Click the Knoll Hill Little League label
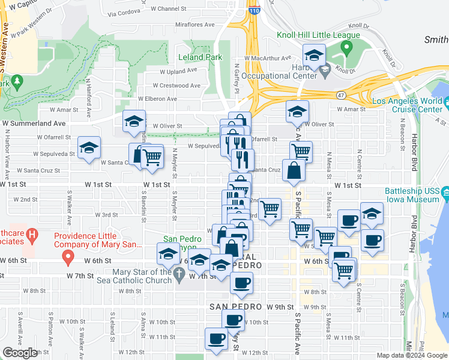click(x=318, y=35)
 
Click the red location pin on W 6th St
click(x=68, y=258)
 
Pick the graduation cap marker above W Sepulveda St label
click(x=89, y=148)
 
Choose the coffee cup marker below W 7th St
click(x=241, y=283)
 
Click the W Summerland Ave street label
click(x=33, y=123)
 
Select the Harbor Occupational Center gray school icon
click(x=325, y=71)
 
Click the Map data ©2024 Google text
click(x=411, y=355)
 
